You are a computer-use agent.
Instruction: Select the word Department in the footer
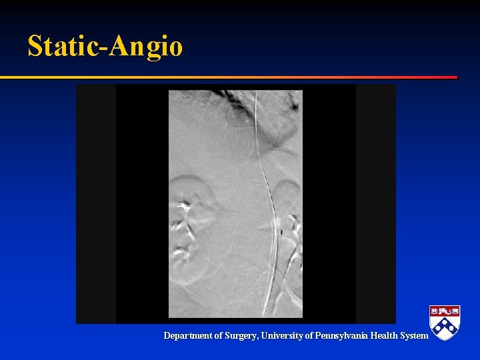click(x=188, y=336)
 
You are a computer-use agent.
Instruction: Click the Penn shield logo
click(x=445, y=323)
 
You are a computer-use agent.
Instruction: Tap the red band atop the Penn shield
click(x=445, y=310)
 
